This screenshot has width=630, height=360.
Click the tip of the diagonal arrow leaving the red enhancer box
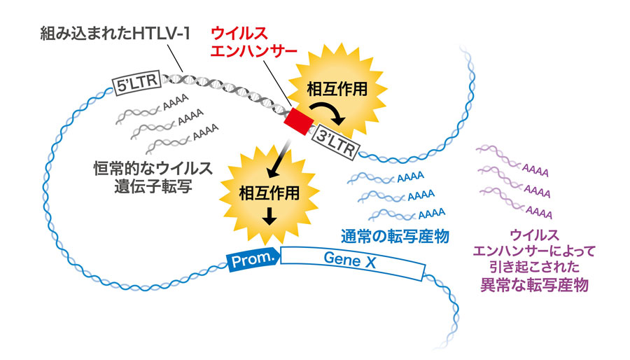(268, 176)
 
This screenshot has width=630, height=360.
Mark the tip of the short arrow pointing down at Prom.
(269, 225)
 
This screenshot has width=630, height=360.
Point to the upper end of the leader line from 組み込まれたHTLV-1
(167, 45)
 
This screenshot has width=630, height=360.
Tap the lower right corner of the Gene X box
(421, 280)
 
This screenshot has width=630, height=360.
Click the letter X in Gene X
(370, 263)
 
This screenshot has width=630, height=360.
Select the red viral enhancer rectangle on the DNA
(298, 121)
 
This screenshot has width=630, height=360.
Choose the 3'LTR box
(335, 142)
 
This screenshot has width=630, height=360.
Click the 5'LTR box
(136, 83)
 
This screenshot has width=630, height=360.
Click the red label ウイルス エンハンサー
(253, 42)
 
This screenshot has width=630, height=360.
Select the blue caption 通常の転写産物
(395, 236)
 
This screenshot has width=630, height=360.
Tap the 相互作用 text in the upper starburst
(337, 89)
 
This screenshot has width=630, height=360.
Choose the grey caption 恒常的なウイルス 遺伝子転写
(153, 177)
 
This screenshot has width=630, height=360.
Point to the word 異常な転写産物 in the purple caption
(534, 284)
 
